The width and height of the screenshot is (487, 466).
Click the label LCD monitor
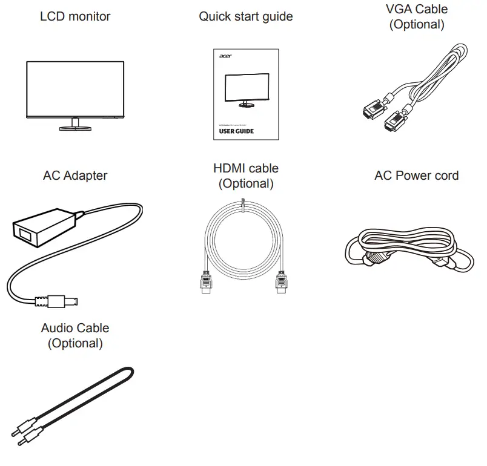coord(76,16)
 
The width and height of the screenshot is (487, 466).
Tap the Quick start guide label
coord(245,16)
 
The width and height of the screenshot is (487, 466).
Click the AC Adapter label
coord(75,176)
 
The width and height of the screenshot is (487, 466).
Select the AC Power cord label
coord(416,176)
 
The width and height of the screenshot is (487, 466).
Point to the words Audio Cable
coord(75,328)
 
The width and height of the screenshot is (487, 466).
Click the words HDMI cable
coord(245,168)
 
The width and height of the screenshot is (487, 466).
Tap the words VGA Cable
coord(416,9)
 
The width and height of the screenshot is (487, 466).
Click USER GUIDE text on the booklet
coord(236,131)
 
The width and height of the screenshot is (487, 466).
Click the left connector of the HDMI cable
coord(206,283)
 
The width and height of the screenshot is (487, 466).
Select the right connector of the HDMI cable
coord(280,283)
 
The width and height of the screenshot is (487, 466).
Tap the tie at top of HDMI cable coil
coord(243,206)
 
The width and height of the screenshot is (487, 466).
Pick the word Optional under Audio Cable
coord(75,344)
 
